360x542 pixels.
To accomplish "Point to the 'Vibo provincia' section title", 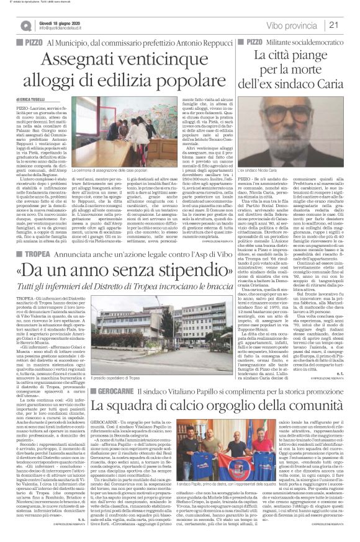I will click(x=292, y=24).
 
